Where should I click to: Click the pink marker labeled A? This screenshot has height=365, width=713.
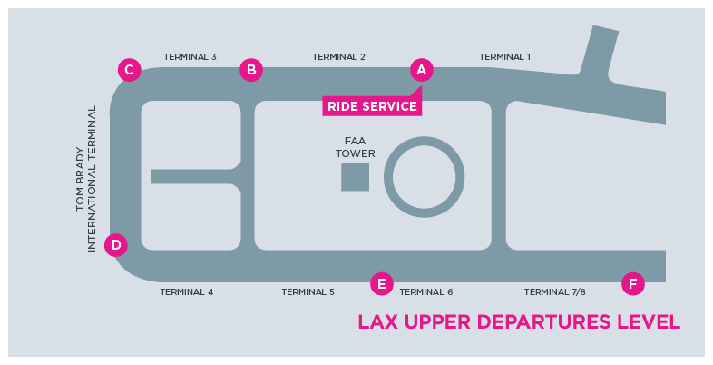pyautogui.click(x=420, y=69)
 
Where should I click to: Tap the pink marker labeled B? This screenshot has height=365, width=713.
pyautogui.click(x=251, y=69)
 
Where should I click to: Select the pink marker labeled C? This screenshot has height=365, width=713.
pyautogui.click(x=130, y=69)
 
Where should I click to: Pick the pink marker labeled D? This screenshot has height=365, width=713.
pyautogui.click(x=115, y=244)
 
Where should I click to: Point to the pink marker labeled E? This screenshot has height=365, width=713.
pyautogui.click(x=382, y=284)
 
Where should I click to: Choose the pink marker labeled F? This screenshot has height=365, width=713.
pyautogui.click(x=633, y=284)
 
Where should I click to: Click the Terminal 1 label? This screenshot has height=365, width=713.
pyautogui.click(x=504, y=57)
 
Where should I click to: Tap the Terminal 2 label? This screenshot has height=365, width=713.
pyautogui.click(x=339, y=57)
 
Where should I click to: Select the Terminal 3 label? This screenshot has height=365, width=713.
pyautogui.click(x=190, y=57)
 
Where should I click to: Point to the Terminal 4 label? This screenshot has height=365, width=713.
pyautogui.click(x=186, y=292)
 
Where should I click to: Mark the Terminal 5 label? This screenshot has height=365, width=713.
pyautogui.click(x=308, y=292)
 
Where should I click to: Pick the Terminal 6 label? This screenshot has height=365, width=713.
pyautogui.click(x=425, y=292)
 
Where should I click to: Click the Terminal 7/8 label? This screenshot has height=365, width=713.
pyautogui.click(x=555, y=292)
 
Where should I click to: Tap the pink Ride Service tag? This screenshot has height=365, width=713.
pyautogui.click(x=372, y=106)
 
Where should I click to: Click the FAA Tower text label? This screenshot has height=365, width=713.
pyautogui.click(x=355, y=147)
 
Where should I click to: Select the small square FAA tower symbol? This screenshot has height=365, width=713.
pyautogui.click(x=355, y=177)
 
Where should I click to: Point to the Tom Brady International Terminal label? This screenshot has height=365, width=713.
pyautogui.click(x=85, y=179)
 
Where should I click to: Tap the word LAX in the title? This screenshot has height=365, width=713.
pyautogui.click(x=376, y=322)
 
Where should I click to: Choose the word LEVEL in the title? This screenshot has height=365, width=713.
pyautogui.click(x=649, y=322)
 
